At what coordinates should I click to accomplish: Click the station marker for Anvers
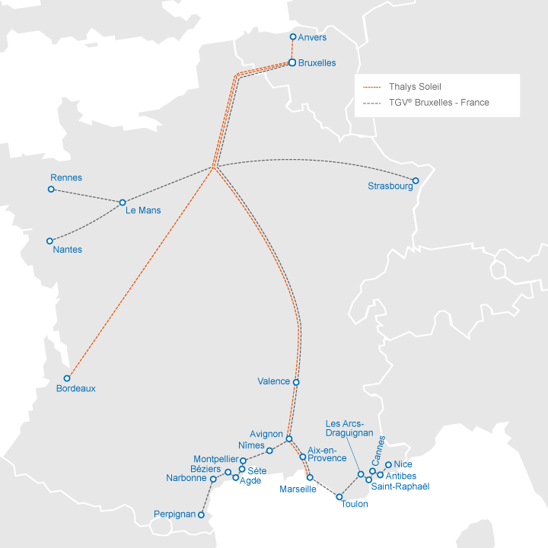pos(294,37)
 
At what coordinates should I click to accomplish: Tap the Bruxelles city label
pos(317,62)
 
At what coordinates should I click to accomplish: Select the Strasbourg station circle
pos(416,181)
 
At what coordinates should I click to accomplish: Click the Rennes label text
pos(66,178)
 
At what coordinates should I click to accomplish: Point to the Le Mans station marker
pos(122,202)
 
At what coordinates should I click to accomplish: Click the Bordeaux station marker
pos(67,378)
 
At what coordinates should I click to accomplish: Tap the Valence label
pos(274,381)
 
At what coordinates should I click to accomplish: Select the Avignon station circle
pos(288,438)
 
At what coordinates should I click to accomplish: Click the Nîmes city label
pos(251,445)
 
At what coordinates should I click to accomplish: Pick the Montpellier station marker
pos(243,460)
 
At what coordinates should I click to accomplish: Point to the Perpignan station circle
pos(202,515)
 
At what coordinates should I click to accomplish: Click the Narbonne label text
pos(186,478)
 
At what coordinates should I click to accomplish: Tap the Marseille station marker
pos(310,477)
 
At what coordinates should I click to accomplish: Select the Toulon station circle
pos(339,497)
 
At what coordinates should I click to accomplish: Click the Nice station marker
pos(388,464)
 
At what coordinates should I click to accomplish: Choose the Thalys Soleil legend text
pos(415,87)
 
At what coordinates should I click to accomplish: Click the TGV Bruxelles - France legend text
pos(438,102)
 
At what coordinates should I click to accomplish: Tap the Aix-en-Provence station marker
pos(303,457)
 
